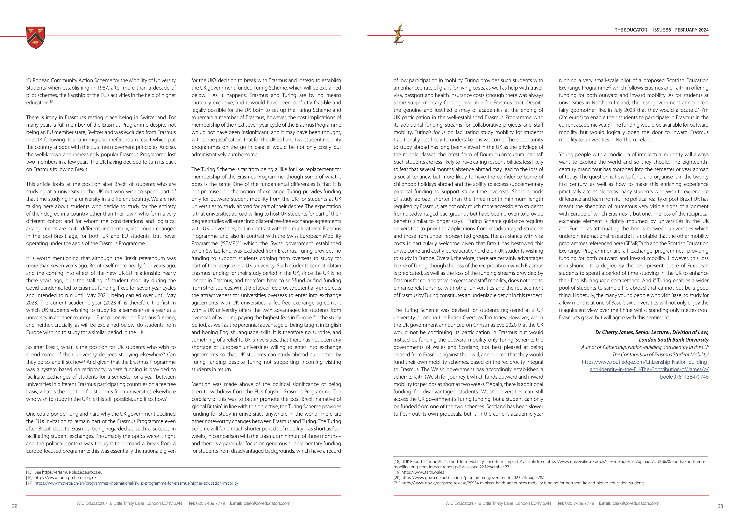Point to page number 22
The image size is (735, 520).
pos(14,506)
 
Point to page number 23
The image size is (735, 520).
pos(720,506)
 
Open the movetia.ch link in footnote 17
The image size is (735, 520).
pos(136,483)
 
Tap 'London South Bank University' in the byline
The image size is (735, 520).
pos(673,340)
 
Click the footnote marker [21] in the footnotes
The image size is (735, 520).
pos(397,483)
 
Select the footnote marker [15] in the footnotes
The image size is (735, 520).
pos(29,472)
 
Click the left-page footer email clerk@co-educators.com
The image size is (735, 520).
pos(267,503)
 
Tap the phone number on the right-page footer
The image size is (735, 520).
pos(579,503)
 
